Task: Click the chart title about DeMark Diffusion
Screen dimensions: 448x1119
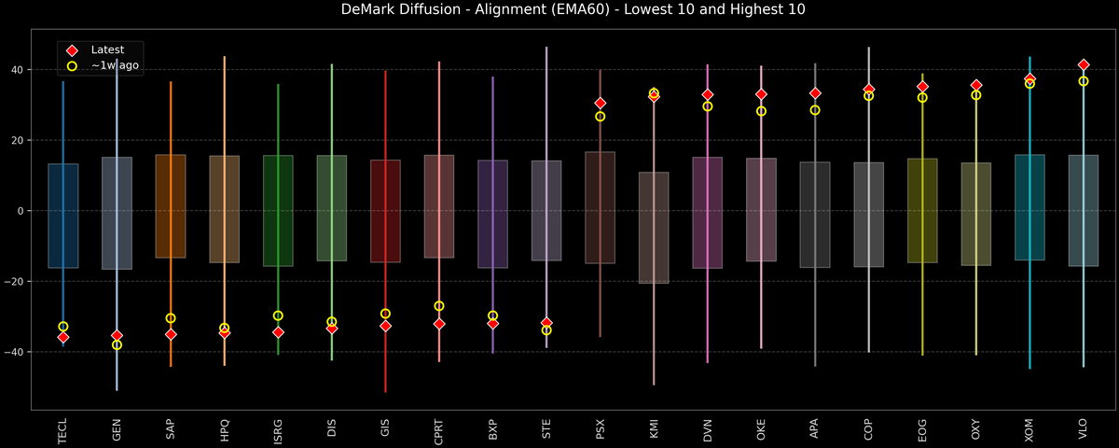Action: pos(559,10)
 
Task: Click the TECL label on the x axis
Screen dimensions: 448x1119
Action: pos(62,428)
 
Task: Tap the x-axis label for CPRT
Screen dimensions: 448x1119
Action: pos(439,429)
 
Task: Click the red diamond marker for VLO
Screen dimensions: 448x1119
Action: pos(1084,64)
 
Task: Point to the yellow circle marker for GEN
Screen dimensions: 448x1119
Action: pos(117,345)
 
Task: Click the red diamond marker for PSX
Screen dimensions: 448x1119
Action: pos(601,103)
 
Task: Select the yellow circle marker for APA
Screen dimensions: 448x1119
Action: pos(815,110)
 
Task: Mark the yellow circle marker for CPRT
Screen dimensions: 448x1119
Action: pos(439,306)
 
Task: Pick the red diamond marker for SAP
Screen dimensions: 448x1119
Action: pos(171,334)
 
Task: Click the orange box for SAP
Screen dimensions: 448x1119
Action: pos(171,206)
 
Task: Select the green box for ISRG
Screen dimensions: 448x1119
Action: pos(278,211)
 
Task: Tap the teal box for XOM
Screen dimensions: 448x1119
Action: pos(1029,207)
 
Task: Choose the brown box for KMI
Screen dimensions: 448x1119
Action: pos(654,228)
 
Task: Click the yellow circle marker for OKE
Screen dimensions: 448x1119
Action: pos(761,111)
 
